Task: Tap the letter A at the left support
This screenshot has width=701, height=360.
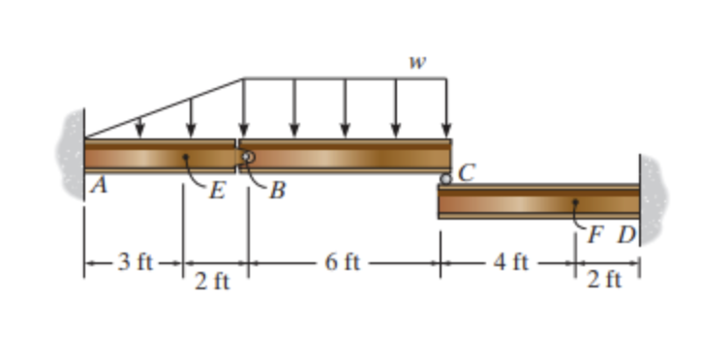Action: point(99,188)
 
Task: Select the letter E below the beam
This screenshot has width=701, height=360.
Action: point(219,188)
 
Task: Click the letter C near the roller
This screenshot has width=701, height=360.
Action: point(468,174)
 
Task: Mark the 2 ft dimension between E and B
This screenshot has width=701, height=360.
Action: point(213,282)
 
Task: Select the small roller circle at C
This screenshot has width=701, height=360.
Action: point(445,179)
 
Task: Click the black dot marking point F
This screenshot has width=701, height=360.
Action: point(576,203)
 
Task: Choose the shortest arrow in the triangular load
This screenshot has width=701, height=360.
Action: point(140,127)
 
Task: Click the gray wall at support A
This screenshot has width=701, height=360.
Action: point(73,155)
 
